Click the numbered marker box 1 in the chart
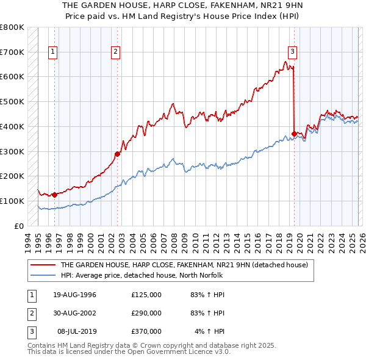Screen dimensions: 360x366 pyautogui.click(x=54, y=52)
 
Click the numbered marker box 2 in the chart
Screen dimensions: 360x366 pyautogui.click(x=115, y=52)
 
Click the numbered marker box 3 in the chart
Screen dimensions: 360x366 pyautogui.click(x=293, y=52)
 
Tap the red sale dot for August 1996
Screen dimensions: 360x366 pyautogui.click(x=54, y=195)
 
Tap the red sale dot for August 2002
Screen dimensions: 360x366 pyautogui.click(x=117, y=154)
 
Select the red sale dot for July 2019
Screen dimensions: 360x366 pyautogui.click(x=294, y=134)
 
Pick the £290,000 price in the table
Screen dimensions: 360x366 pyautogui.click(x=146, y=313)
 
